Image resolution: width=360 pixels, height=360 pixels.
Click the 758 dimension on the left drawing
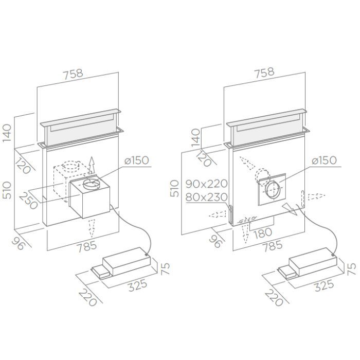73,74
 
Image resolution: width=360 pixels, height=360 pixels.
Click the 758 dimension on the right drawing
264,72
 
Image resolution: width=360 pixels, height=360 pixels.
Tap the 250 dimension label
28,201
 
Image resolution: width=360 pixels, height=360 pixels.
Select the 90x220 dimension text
206,184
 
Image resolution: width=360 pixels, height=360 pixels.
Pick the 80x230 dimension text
206,197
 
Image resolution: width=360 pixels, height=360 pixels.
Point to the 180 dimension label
262,232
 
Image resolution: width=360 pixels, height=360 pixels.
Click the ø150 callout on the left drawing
137,160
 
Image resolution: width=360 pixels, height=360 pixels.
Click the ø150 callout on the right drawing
324,160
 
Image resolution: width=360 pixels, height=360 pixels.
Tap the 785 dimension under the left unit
86,247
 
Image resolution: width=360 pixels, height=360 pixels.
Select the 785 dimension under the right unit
272,246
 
